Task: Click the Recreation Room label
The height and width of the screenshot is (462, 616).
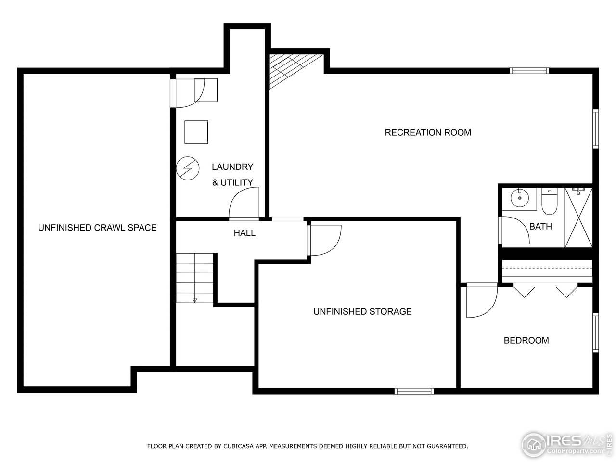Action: click(428, 132)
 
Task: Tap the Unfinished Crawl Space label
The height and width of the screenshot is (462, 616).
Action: click(97, 228)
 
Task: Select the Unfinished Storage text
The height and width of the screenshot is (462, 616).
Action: click(362, 311)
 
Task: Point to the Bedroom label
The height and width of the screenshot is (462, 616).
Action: click(526, 340)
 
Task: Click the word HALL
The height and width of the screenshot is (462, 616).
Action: click(244, 233)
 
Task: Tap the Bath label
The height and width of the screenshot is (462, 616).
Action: click(540, 226)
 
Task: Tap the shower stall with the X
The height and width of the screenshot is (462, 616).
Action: click(578, 218)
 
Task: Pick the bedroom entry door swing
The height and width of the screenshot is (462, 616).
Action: click(481, 301)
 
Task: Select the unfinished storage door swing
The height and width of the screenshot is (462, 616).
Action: click(325, 240)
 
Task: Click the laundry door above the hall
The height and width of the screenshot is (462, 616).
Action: click(245, 203)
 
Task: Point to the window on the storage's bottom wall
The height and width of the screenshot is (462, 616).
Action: click(414, 391)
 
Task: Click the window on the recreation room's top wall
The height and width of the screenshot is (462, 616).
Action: click(529, 71)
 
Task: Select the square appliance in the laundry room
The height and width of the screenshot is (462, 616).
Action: click(196, 132)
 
